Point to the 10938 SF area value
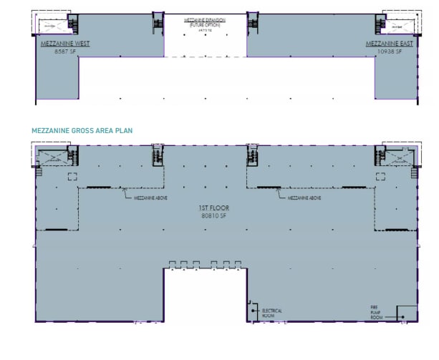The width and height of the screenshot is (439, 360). [390, 52]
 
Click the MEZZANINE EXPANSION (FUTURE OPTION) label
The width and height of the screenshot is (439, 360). [205, 21]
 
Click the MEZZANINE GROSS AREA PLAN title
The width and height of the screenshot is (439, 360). [82, 130]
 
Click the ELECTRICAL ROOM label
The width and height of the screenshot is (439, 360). [272, 313]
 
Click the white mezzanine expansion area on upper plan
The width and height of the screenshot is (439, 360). [205, 39]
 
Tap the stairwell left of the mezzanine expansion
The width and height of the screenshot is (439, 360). [158, 24]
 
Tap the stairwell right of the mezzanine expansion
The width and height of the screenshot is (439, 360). [252, 24]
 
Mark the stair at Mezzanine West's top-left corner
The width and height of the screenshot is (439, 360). [54, 26]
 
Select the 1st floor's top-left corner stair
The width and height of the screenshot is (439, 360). [53, 157]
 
